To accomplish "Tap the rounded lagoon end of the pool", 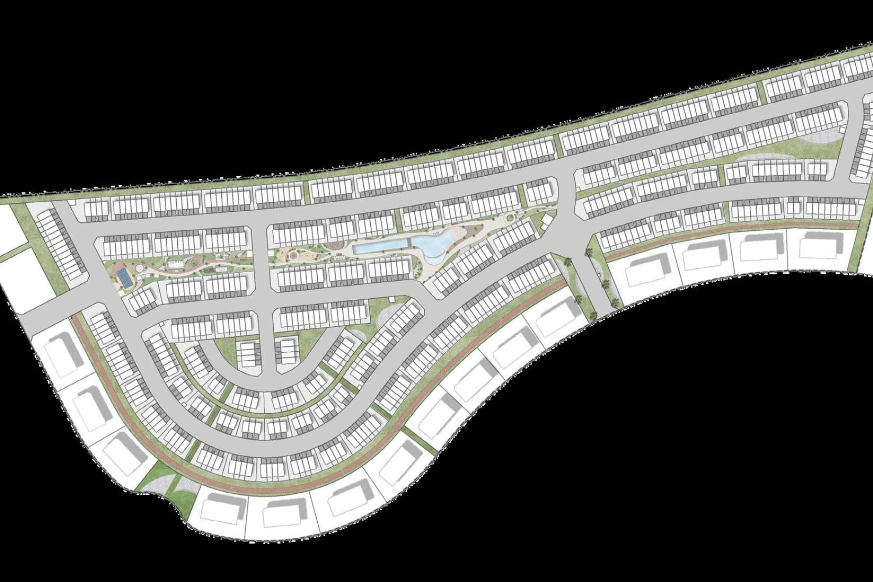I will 433,242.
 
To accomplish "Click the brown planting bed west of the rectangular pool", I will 332,246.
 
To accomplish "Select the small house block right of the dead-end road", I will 287,350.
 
